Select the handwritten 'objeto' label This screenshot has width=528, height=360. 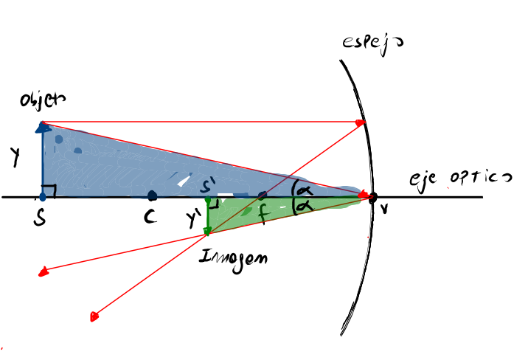click(43, 101)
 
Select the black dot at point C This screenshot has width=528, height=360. click(152, 196)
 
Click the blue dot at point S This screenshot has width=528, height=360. click(43, 197)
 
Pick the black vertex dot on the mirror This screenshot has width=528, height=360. click(373, 197)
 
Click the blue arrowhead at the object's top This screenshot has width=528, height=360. click(43, 127)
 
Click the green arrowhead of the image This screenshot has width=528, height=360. click(209, 230)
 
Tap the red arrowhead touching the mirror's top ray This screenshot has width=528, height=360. click(361, 122)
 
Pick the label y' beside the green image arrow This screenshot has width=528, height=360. click(194, 219)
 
